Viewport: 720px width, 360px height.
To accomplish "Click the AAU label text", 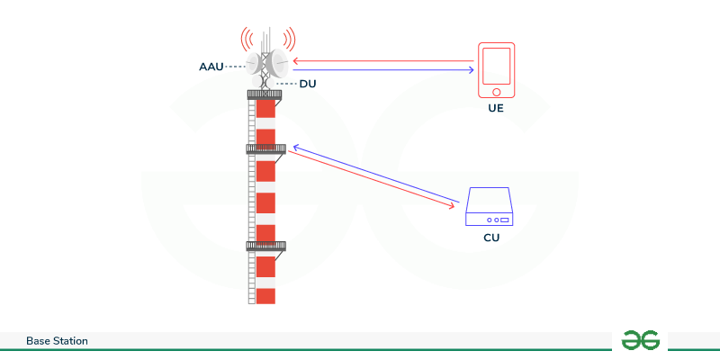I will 211,67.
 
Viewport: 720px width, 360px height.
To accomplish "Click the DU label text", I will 308,84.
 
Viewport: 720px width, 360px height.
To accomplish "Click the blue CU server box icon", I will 489,208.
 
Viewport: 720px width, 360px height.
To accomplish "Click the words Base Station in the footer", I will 57,341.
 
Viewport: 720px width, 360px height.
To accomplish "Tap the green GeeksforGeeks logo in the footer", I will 641,340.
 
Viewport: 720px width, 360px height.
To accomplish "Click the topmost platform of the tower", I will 265,94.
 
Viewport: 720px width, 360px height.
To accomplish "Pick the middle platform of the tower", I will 265,148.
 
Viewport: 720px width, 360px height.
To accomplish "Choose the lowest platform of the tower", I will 265,245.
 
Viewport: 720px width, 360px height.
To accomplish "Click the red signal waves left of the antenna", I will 244,40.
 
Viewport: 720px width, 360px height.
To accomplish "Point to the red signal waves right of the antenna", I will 291,40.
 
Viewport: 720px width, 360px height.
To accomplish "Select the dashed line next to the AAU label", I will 237,67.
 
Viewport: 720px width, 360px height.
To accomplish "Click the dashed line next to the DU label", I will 285,84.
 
